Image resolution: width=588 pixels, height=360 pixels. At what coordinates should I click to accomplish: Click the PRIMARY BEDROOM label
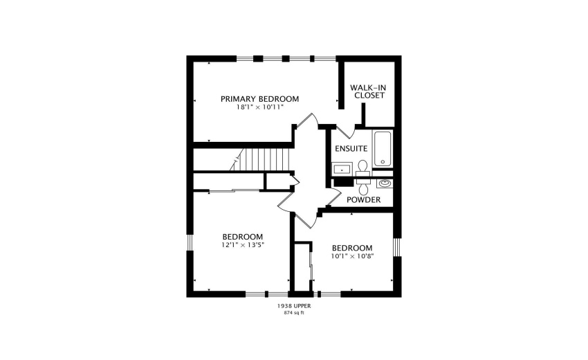click(x=259, y=99)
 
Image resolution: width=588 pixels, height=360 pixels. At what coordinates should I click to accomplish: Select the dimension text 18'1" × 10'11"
click(x=259, y=107)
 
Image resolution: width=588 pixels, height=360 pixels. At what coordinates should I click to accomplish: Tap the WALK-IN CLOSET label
click(x=367, y=91)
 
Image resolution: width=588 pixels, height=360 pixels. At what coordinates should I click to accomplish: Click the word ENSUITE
click(x=351, y=149)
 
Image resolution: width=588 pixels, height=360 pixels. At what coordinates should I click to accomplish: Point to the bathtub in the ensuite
click(x=383, y=148)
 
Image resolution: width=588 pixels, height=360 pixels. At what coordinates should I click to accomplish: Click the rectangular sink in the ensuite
click(x=342, y=168)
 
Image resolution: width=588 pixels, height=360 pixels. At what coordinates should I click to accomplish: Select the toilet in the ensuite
click(x=362, y=167)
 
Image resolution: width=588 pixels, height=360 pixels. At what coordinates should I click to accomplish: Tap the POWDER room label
click(x=363, y=200)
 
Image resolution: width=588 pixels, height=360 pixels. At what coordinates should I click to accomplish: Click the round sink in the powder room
click(x=384, y=184)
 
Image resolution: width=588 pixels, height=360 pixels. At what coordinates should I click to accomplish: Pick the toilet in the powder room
click(x=363, y=186)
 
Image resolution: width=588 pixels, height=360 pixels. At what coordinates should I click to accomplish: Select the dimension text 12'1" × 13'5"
click(x=242, y=244)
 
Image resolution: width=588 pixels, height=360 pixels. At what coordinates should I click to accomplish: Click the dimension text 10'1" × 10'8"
click(x=351, y=256)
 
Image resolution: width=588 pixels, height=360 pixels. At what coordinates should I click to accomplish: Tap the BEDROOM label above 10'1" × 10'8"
click(x=351, y=248)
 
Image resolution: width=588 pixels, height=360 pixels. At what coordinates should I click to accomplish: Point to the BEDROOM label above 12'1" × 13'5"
click(x=242, y=236)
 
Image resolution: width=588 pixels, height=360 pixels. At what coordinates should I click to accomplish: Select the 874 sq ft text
click(x=293, y=313)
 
